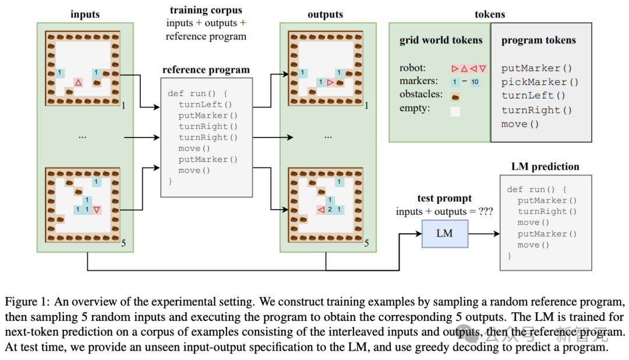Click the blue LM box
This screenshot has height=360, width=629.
click(444, 234)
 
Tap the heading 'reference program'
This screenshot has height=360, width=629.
click(206, 70)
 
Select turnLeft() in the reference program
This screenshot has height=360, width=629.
click(206, 104)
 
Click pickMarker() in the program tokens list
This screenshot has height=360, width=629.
click(539, 82)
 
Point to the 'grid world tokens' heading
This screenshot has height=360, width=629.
click(441, 40)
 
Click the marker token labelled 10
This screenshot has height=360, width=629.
click(475, 82)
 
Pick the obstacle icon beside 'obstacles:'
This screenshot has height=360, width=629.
click(455, 97)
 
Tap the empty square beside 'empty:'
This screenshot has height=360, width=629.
click(455, 112)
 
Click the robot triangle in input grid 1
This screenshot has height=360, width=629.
click(78, 83)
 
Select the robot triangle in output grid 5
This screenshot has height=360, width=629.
click(321, 210)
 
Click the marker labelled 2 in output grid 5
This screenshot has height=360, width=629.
click(330, 210)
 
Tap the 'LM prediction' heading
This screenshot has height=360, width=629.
click(545, 167)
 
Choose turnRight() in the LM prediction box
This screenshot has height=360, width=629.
click(547, 211)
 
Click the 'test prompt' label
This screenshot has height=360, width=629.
click(444, 198)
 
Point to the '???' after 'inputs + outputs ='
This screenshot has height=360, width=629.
click(486, 211)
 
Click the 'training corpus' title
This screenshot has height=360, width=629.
click(206, 10)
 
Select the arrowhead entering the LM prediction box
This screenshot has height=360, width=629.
click(497, 234)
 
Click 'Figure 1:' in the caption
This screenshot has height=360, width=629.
click(27, 302)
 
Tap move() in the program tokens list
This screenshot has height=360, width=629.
click(520, 124)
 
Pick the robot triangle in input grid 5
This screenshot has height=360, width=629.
click(97, 210)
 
